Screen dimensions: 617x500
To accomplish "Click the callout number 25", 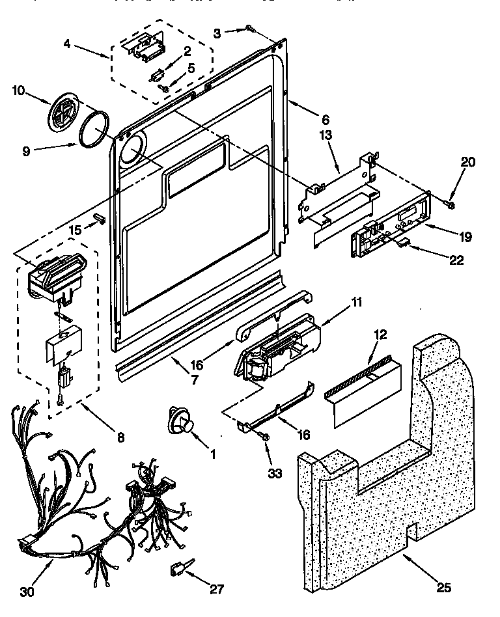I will click(x=443, y=589).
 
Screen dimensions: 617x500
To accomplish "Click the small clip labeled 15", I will click(x=99, y=215).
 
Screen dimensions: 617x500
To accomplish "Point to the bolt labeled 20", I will click(x=449, y=204).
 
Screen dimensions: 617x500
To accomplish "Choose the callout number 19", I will click(x=465, y=236).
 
